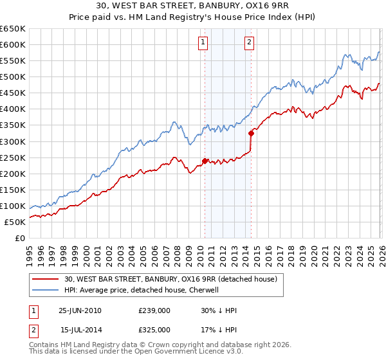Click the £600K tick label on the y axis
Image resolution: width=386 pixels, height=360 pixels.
(13, 44)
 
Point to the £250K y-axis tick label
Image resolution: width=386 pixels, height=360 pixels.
(13, 157)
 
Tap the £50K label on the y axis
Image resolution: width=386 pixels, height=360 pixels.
(15, 222)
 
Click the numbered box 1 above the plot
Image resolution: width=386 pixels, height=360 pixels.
(203, 43)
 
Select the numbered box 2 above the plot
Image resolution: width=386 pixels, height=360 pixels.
(249, 43)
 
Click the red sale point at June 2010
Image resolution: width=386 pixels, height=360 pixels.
(205, 161)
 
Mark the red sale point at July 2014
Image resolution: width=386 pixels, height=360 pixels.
(251, 133)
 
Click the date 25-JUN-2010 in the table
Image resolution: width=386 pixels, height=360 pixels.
(80, 310)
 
